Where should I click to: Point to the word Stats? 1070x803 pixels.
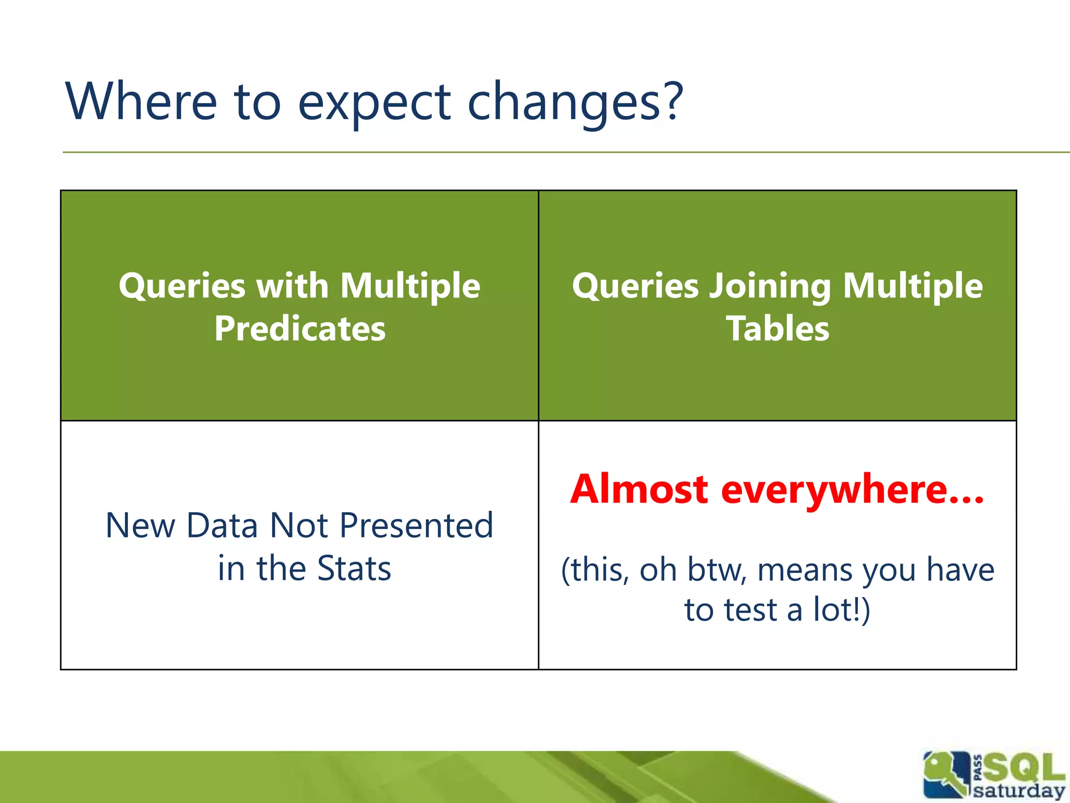[x=354, y=568]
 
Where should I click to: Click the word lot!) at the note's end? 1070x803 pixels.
[x=842, y=610]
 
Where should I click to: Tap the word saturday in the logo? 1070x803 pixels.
[x=1019, y=790]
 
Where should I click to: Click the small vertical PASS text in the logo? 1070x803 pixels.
[x=978, y=767]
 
